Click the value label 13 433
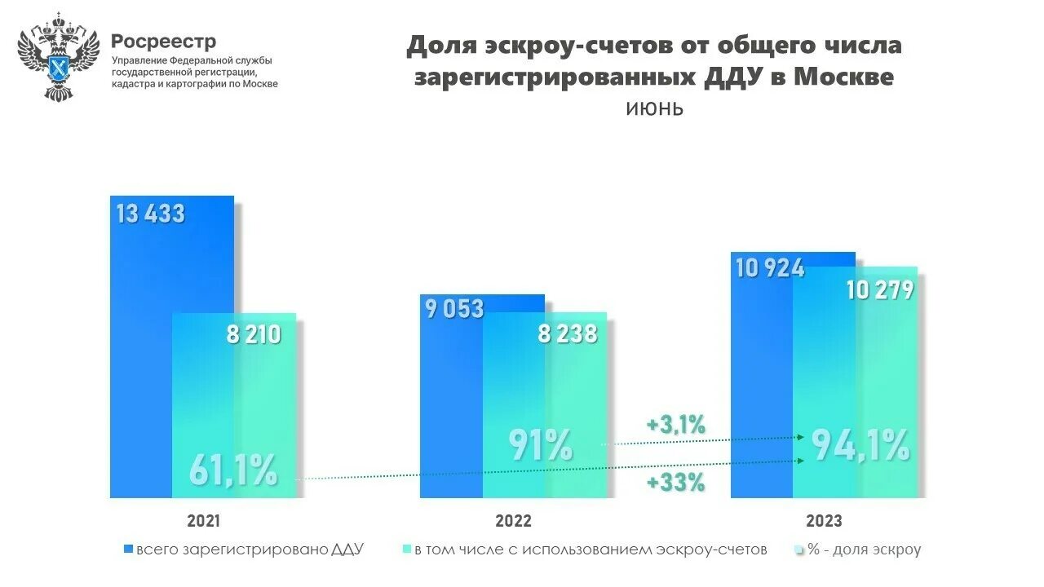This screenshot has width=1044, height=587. point(151,214)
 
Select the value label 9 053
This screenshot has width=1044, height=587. point(454,309)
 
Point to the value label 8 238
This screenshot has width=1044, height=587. point(567,333)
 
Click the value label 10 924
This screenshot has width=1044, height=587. point(769,267)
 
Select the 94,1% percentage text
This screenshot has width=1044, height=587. point(860,445)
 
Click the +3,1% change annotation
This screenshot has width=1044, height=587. point(675,424)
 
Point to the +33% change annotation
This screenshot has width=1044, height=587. point(675,483)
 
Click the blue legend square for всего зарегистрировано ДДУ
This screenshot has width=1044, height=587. point(127,549)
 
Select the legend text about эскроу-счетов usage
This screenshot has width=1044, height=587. point(591,549)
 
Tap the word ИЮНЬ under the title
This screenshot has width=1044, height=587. point(654,109)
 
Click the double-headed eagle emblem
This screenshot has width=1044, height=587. point(58,57)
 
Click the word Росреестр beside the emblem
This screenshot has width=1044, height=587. point(164,41)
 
